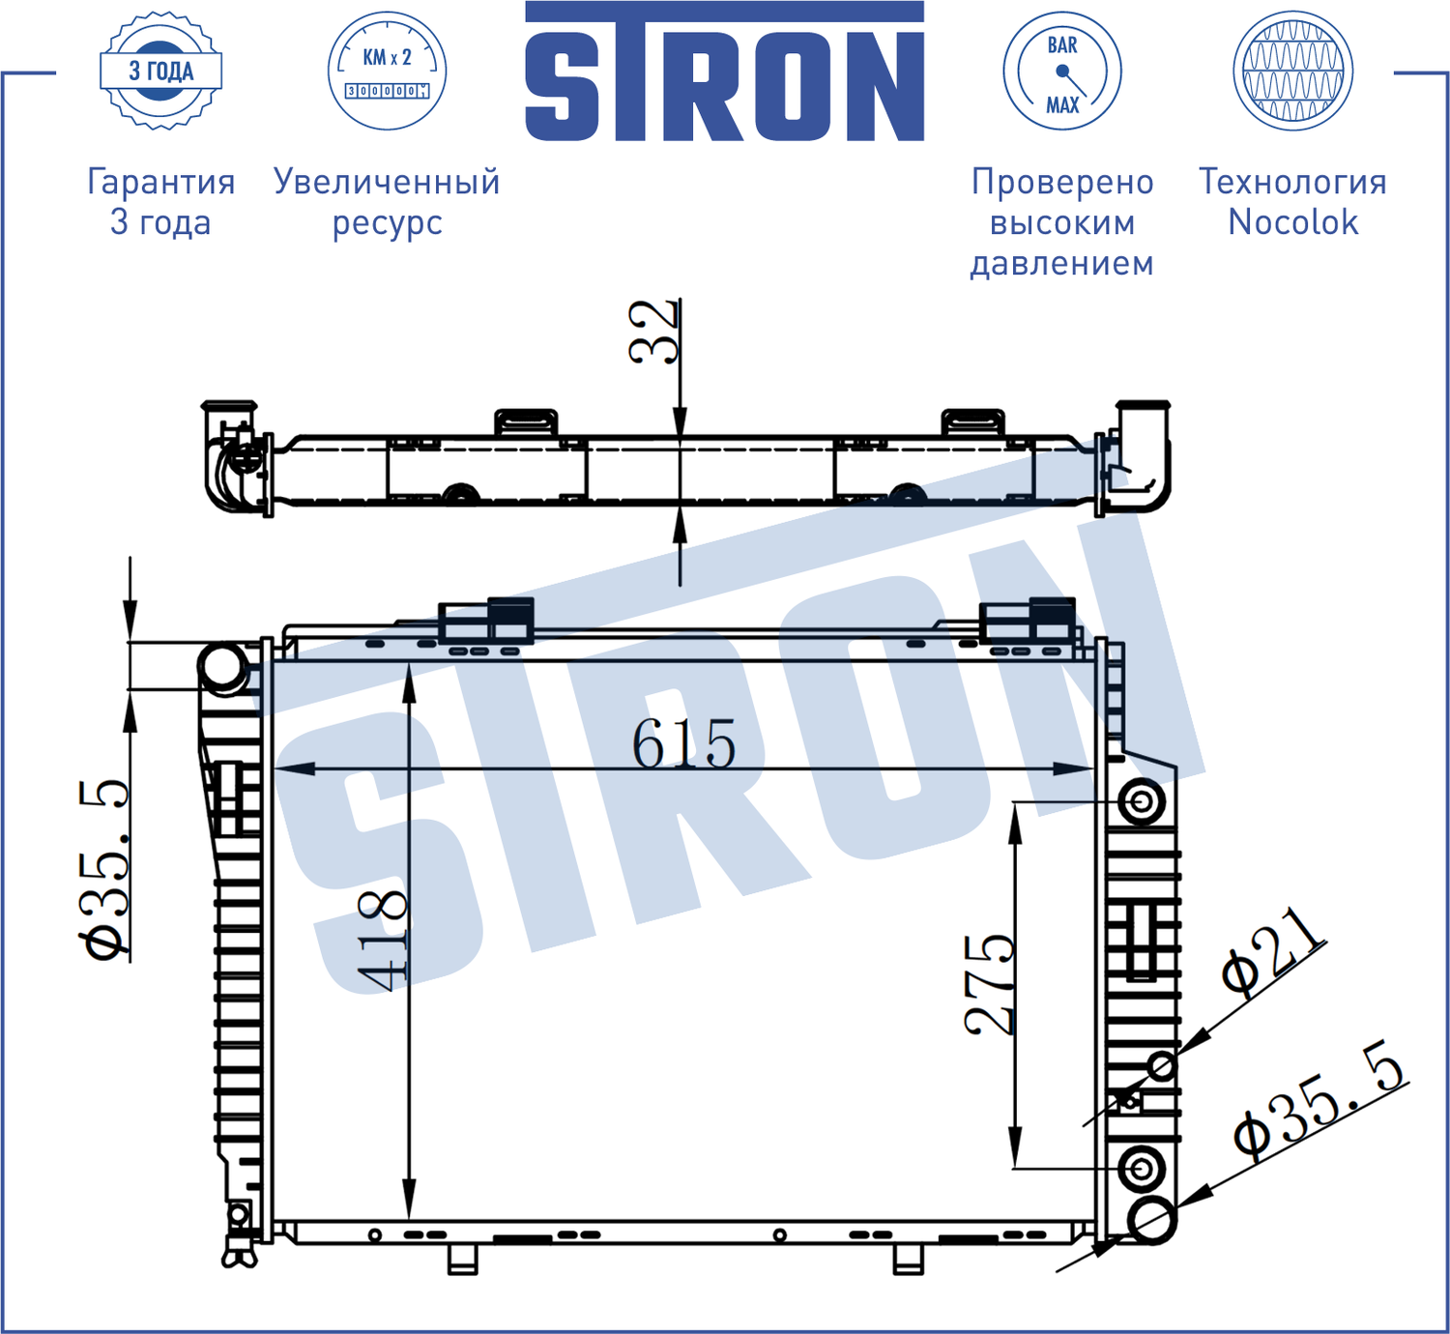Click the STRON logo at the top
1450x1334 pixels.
[724, 75]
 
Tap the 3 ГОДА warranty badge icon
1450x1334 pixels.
[161, 71]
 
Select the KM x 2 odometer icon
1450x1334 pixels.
[387, 71]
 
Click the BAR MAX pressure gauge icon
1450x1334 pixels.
[1061, 71]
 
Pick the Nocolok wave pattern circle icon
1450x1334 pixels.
[1292, 71]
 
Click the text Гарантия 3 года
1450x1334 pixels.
[160, 201]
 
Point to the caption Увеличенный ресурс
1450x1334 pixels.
[387, 201]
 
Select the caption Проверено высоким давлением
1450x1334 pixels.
[1061, 222]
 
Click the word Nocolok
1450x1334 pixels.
[1292, 222]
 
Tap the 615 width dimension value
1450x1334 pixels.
[683, 744]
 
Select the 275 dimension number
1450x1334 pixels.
[990, 984]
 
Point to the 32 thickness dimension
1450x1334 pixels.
[653, 332]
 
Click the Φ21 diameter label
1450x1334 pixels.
[1272, 951]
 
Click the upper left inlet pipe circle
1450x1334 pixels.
[222, 666]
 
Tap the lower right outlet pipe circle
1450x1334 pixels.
[1151, 1220]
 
